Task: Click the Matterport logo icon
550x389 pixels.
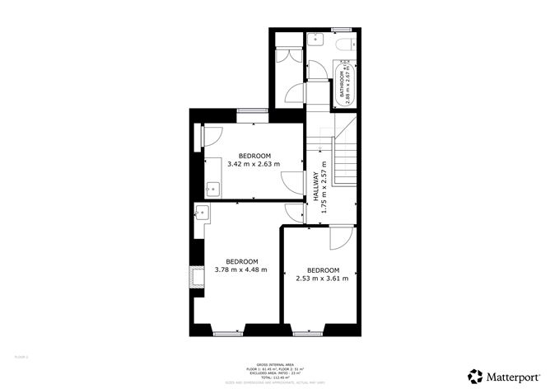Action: pos(476,375)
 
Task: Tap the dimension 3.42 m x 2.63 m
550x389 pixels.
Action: pos(254,164)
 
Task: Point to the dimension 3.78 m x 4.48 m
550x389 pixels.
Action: pos(242,269)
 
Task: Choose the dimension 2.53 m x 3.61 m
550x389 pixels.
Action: pos(323,278)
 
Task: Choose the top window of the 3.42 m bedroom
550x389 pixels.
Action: pos(252,110)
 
